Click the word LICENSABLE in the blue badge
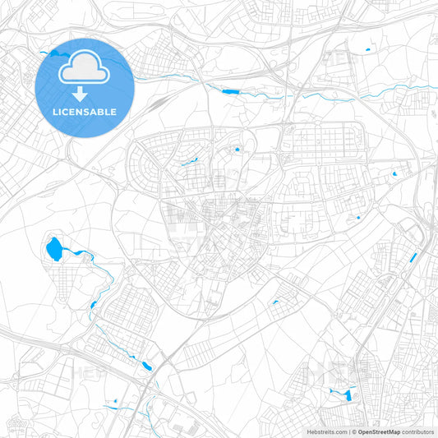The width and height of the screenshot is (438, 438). point(85,112)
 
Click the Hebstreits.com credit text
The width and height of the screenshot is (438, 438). point(324,431)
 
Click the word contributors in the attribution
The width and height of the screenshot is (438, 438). point(418,431)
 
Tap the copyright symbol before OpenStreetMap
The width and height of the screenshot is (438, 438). point(355,431)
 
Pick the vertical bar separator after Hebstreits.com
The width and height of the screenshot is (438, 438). point(349,431)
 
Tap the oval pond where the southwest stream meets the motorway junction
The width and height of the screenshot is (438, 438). point(146,364)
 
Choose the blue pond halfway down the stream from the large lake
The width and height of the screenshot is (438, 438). point(93,305)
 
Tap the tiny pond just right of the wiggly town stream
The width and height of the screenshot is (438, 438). point(237,150)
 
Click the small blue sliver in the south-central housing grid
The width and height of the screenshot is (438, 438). point(274,302)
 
